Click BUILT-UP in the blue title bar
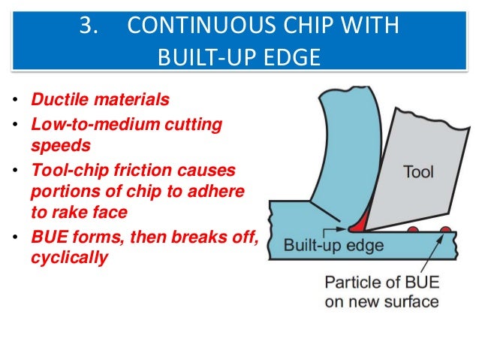pyautogui.click(x=198, y=56)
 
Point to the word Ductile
pyautogui.click(x=57, y=99)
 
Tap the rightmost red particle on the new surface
pyautogui.click(x=445, y=230)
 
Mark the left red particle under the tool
pyautogui.click(x=413, y=229)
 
